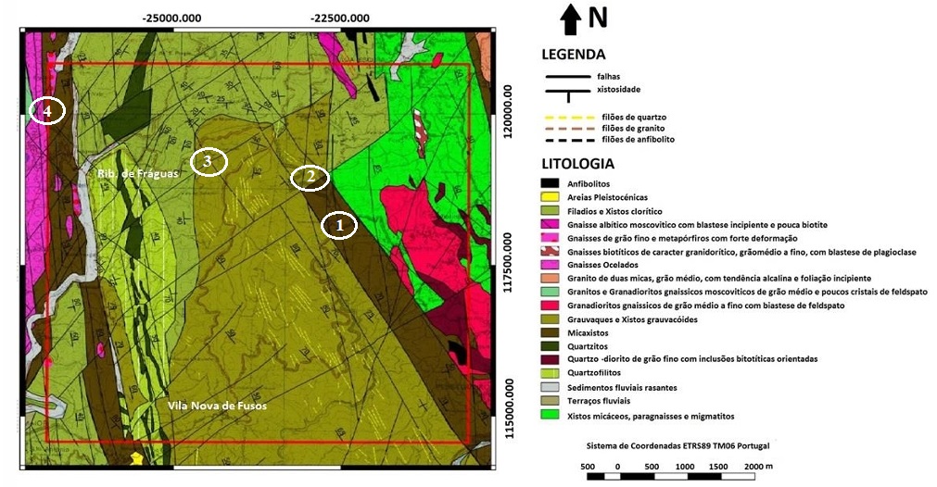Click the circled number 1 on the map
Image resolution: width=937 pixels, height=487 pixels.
click(339, 224)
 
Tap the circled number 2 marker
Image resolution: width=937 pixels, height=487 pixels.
click(310, 177)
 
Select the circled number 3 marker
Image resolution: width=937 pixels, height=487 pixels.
click(209, 162)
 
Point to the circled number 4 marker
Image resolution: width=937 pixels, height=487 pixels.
click(47, 111)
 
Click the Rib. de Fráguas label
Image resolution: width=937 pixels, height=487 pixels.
click(137, 173)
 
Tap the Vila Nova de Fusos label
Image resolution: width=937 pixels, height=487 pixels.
click(217, 406)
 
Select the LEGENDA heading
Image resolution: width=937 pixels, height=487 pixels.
click(573, 55)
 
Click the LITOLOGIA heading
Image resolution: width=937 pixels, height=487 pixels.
click(578, 163)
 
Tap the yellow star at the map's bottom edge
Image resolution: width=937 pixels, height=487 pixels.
click(138, 457)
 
